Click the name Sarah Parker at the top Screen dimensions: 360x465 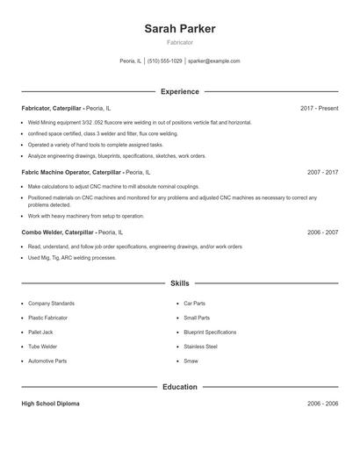(180, 28)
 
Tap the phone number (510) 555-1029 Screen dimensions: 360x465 (165, 61)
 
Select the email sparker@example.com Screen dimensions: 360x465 (214, 61)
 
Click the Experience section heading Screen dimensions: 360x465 (180, 91)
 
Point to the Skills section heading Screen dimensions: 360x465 (180, 283)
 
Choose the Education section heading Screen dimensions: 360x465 (180, 386)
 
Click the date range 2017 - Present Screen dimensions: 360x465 (319, 108)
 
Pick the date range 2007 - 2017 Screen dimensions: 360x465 (322, 173)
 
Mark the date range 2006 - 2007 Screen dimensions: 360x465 (322, 232)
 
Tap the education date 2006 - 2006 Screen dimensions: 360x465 (322, 404)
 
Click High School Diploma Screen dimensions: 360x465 (50, 404)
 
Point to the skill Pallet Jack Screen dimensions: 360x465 (41, 332)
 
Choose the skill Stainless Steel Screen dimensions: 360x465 (200, 347)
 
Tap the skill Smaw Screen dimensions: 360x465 (191, 361)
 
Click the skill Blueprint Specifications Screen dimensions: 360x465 (210, 332)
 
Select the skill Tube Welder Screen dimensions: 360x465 (42, 347)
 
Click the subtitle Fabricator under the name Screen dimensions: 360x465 (180, 42)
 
